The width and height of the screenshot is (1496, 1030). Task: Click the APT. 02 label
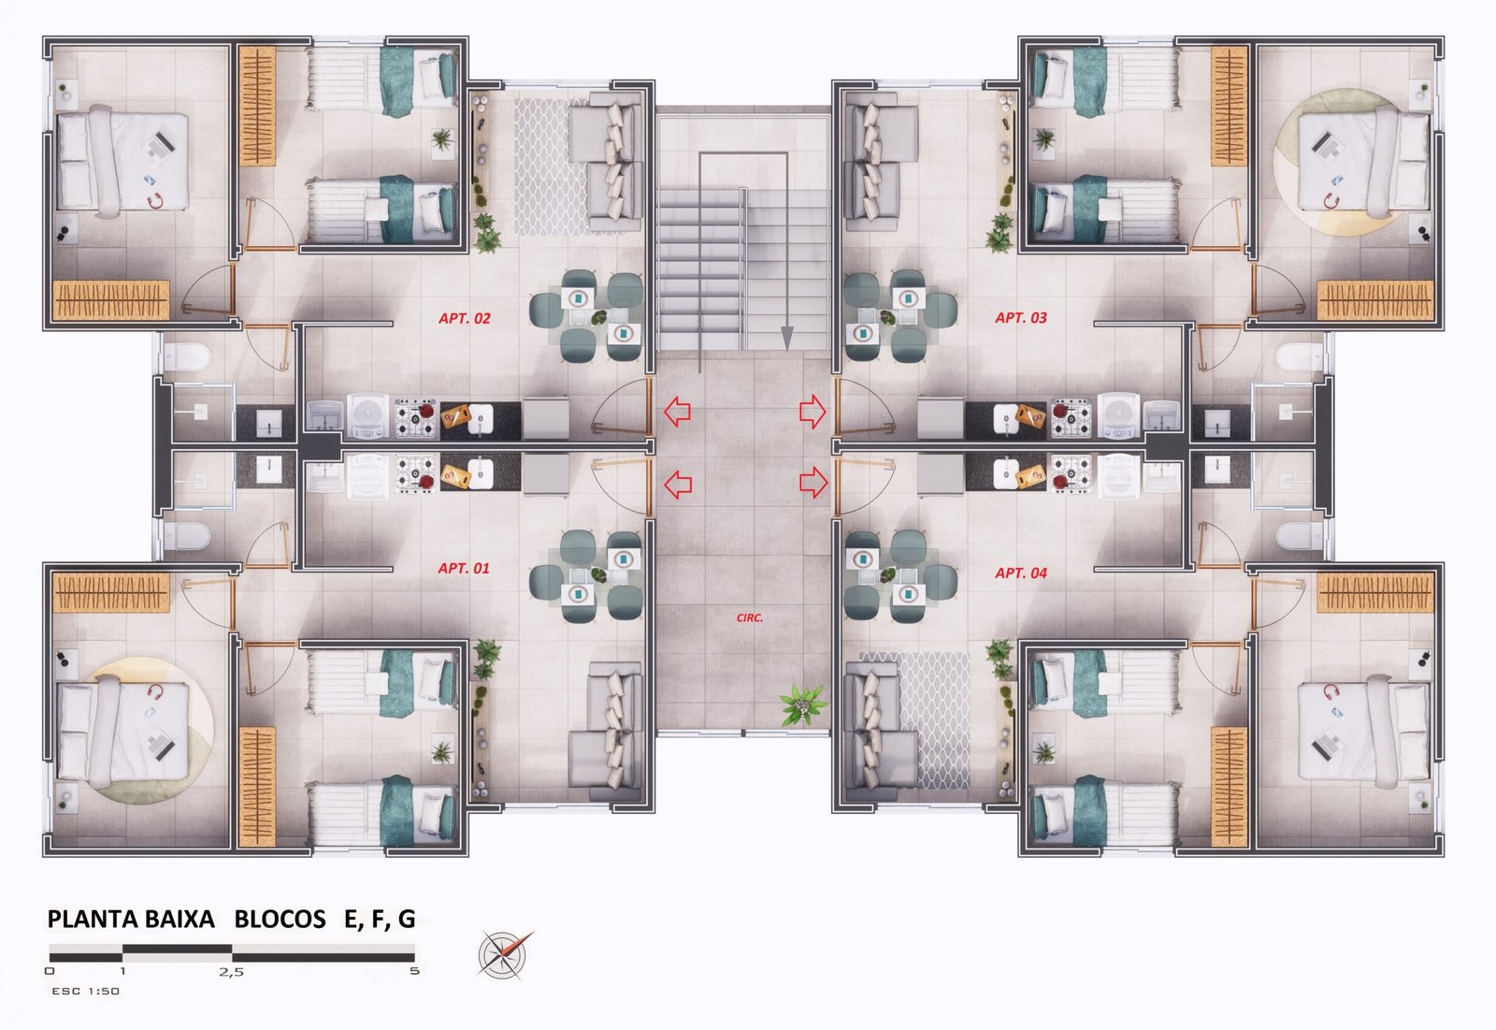click(x=464, y=318)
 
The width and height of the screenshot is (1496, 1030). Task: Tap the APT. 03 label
click(x=1021, y=317)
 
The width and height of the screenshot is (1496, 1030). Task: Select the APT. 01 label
click(x=464, y=568)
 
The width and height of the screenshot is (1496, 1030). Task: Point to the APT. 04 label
click(x=1021, y=573)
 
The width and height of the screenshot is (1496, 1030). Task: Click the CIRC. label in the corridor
click(x=749, y=617)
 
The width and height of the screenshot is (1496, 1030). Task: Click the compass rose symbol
click(x=505, y=954)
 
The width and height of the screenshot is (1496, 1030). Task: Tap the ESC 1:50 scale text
click(x=85, y=991)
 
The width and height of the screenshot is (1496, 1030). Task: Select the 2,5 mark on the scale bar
click(x=231, y=972)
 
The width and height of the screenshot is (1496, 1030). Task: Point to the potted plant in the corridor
click(x=804, y=704)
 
